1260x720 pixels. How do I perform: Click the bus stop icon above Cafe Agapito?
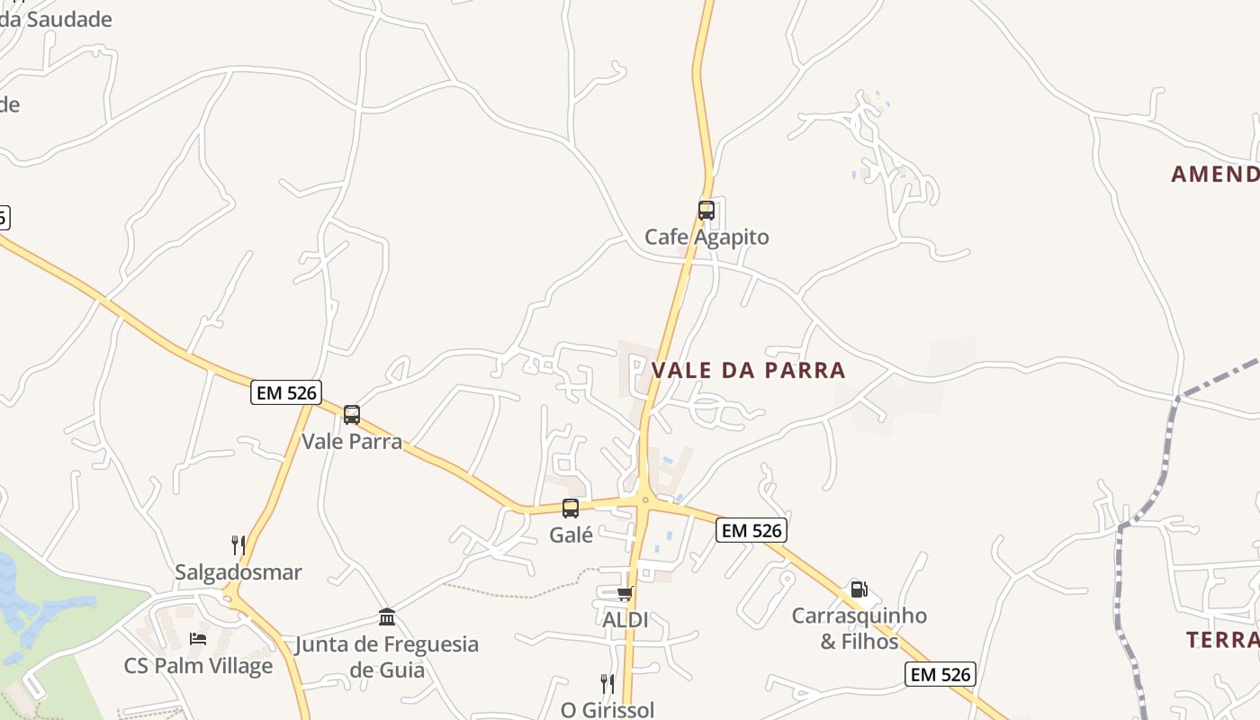(x=706, y=211)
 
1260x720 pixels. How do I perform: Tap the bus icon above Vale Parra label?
(x=352, y=415)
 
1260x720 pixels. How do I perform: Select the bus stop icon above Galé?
(x=571, y=508)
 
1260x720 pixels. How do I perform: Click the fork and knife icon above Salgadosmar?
(x=238, y=545)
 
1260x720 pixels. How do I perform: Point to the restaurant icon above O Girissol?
(x=607, y=684)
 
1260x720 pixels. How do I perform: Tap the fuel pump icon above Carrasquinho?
(x=859, y=589)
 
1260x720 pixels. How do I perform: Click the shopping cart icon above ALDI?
(x=625, y=594)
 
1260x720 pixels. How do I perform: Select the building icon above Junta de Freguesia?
(x=387, y=617)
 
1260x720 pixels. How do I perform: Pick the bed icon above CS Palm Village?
(x=198, y=639)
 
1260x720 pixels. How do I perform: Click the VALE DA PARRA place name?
(x=748, y=370)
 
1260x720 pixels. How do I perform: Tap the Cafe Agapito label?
(x=706, y=238)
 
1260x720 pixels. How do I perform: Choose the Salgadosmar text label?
(x=238, y=572)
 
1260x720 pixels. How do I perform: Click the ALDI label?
(x=625, y=620)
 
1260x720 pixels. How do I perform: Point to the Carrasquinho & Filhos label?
(x=859, y=628)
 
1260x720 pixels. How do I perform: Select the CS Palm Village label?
(x=198, y=666)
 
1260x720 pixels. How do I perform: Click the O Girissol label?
(x=607, y=709)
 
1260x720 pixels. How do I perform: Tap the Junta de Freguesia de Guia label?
(x=387, y=657)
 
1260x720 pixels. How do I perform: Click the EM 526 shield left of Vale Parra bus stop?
(x=286, y=392)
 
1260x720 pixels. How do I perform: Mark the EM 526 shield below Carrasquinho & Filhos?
(x=940, y=674)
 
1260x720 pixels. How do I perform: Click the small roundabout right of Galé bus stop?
(x=645, y=500)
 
